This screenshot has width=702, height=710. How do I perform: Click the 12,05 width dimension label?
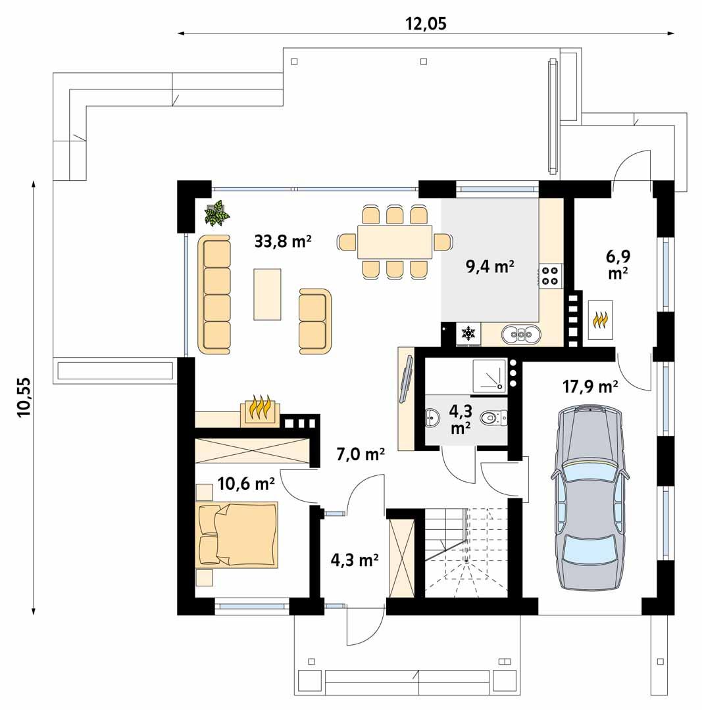[x=425, y=24]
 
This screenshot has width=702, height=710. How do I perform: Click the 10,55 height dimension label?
[x=24, y=397]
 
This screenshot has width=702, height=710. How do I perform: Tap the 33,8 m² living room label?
[x=282, y=241]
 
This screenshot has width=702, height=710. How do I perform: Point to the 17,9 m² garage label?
[x=589, y=387]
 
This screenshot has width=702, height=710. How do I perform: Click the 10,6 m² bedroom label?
[x=246, y=485]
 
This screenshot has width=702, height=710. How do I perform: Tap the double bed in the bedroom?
[x=238, y=534]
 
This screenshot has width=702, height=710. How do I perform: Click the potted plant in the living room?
[x=216, y=214]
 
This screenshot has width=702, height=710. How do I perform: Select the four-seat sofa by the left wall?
[x=214, y=294]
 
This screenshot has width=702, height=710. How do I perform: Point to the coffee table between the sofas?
[x=267, y=294]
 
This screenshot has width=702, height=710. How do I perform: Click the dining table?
[x=395, y=242]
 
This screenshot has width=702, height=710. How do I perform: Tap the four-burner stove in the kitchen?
[x=550, y=275]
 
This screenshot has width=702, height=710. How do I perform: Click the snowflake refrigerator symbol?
[x=468, y=333]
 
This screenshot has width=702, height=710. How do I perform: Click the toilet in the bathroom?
[x=495, y=417]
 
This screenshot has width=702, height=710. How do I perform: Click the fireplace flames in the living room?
[x=261, y=409]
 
